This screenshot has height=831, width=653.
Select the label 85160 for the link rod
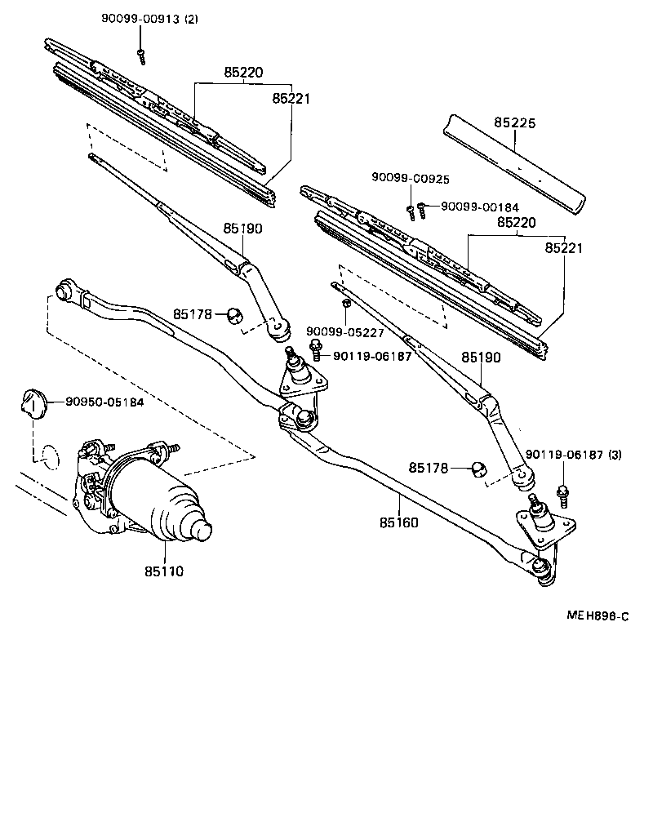click(x=398, y=522)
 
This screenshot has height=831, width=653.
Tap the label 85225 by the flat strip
click(x=514, y=123)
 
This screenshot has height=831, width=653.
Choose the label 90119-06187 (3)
click(x=573, y=455)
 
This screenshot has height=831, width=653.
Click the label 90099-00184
click(x=479, y=207)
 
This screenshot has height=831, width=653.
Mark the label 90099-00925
click(x=410, y=178)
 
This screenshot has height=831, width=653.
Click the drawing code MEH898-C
click(x=597, y=616)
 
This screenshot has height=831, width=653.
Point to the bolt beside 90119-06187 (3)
click(x=562, y=493)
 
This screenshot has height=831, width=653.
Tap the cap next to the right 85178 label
click(x=478, y=469)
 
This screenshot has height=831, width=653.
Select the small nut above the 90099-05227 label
click(x=346, y=305)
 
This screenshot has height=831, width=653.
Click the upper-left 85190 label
click(x=242, y=229)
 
